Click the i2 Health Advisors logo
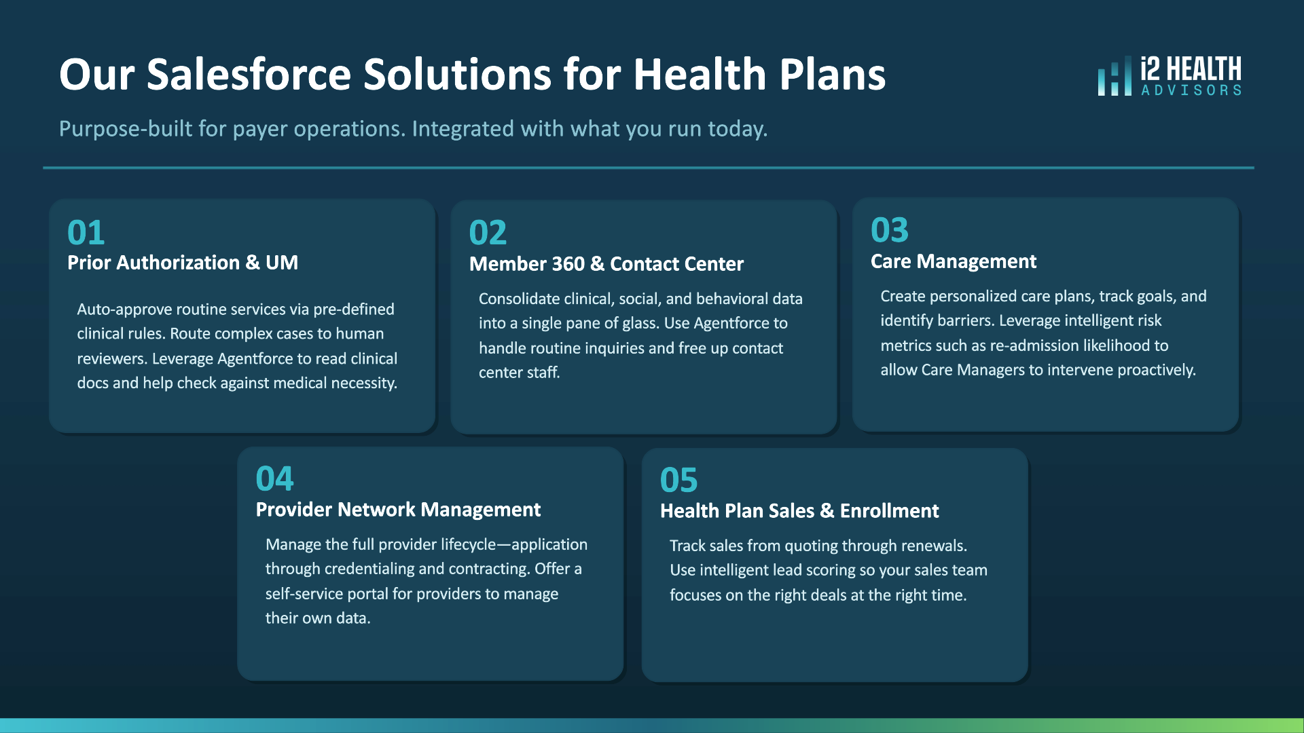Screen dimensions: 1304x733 pos(1170,75)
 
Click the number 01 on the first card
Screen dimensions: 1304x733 pos(86,233)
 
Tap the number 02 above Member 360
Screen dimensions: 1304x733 pos(488,233)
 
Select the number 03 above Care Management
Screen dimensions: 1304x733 pos(890,230)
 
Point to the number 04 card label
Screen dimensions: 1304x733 pos(274,478)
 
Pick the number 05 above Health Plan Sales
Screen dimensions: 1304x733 pos(678,480)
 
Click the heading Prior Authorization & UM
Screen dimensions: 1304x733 pos(183,263)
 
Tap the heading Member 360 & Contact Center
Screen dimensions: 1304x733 pos(606,264)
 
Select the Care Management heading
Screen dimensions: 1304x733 pos(954,261)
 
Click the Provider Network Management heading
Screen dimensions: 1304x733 pos(398,510)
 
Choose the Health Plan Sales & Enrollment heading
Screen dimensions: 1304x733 pos(799,511)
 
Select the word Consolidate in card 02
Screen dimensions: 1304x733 pos(519,299)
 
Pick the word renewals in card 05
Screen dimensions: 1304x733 pos(936,546)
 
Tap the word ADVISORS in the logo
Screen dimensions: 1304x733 pos(1191,90)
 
